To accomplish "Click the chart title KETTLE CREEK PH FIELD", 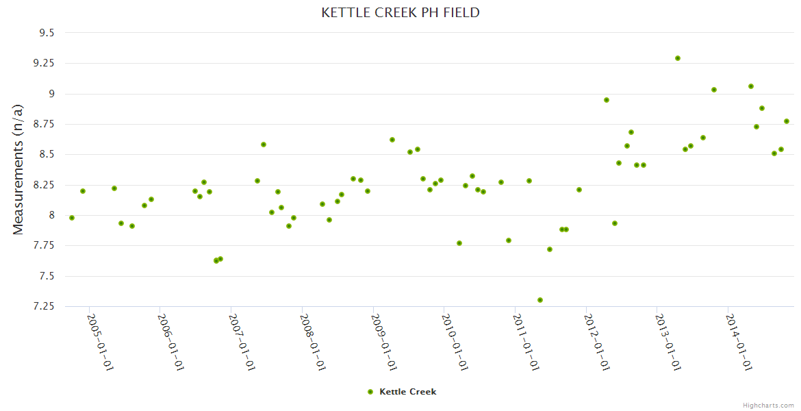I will coord(400,13).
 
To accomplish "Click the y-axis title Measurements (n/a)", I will coord(18,169).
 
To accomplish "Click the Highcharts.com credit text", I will coord(768,405).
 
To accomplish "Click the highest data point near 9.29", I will coord(678,58).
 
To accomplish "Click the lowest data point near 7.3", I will coord(540,300).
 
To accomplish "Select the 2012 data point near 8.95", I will coord(607,100).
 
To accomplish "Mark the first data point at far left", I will coord(72,218).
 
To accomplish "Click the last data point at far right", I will coord(787,121).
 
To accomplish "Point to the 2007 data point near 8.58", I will coord(264,145).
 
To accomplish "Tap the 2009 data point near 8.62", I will coord(392,140).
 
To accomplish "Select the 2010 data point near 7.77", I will coord(459,243).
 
